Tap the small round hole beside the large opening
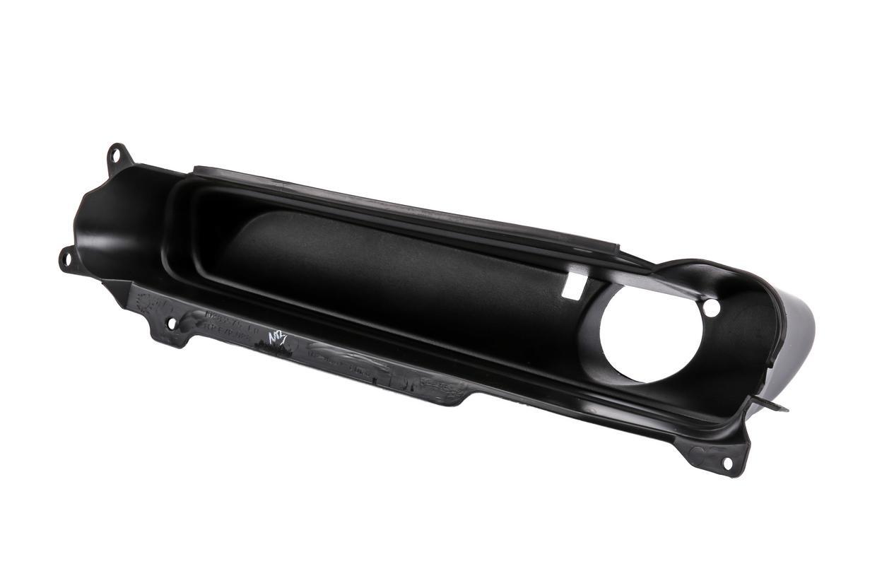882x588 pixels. [x=711, y=308]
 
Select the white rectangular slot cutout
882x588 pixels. [x=574, y=283]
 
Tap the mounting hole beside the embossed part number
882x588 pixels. [x=170, y=324]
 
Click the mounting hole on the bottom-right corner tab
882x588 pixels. [x=727, y=463]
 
